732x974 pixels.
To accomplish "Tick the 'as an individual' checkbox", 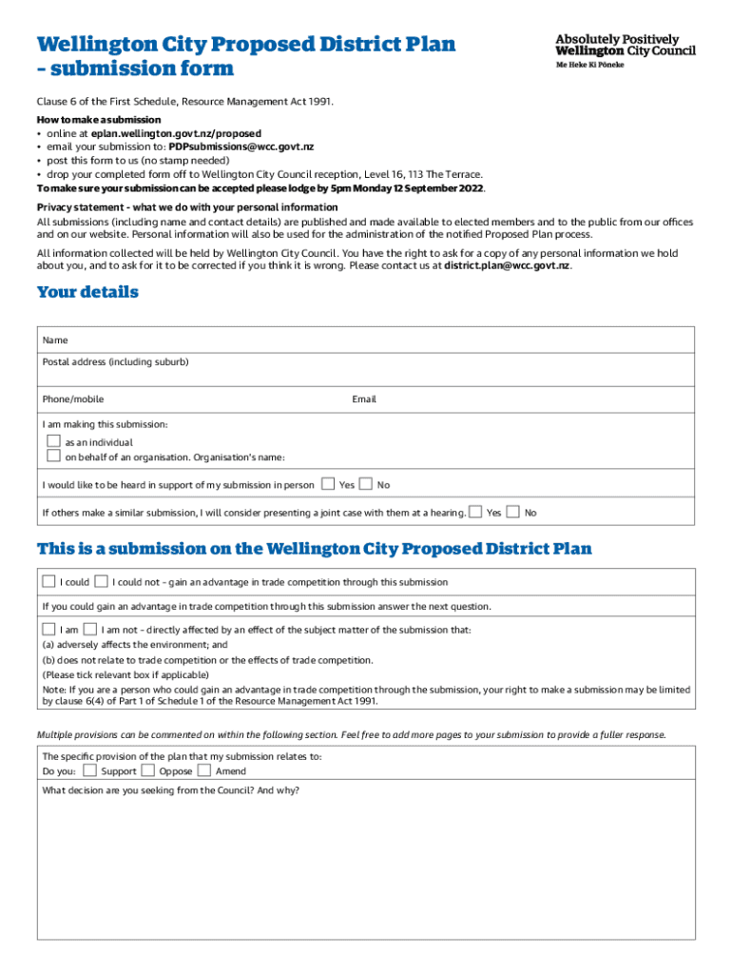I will (54, 441).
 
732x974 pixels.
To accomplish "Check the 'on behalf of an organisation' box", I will (54, 457).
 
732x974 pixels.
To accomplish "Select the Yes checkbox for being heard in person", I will (328, 484).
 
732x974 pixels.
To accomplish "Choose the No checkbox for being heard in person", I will (366, 484).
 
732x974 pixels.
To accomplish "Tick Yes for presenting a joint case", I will (475, 512).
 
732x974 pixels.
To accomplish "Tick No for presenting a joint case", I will (513, 512).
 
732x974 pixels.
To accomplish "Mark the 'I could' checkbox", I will (48, 581).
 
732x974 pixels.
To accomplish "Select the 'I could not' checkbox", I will (101, 581).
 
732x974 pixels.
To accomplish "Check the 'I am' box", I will (48, 629).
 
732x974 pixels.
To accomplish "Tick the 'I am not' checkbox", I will (90, 629).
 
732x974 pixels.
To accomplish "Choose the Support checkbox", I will (89, 770).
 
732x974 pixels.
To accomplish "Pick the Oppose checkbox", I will (147, 770).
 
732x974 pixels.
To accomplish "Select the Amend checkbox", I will (204, 770).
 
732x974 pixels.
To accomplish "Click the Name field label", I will (55, 340).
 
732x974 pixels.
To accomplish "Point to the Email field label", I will (364, 399).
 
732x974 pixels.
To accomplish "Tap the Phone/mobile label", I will (73, 399).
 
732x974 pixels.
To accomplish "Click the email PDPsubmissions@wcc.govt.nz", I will (241, 146).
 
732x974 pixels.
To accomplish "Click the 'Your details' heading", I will (87, 292).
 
